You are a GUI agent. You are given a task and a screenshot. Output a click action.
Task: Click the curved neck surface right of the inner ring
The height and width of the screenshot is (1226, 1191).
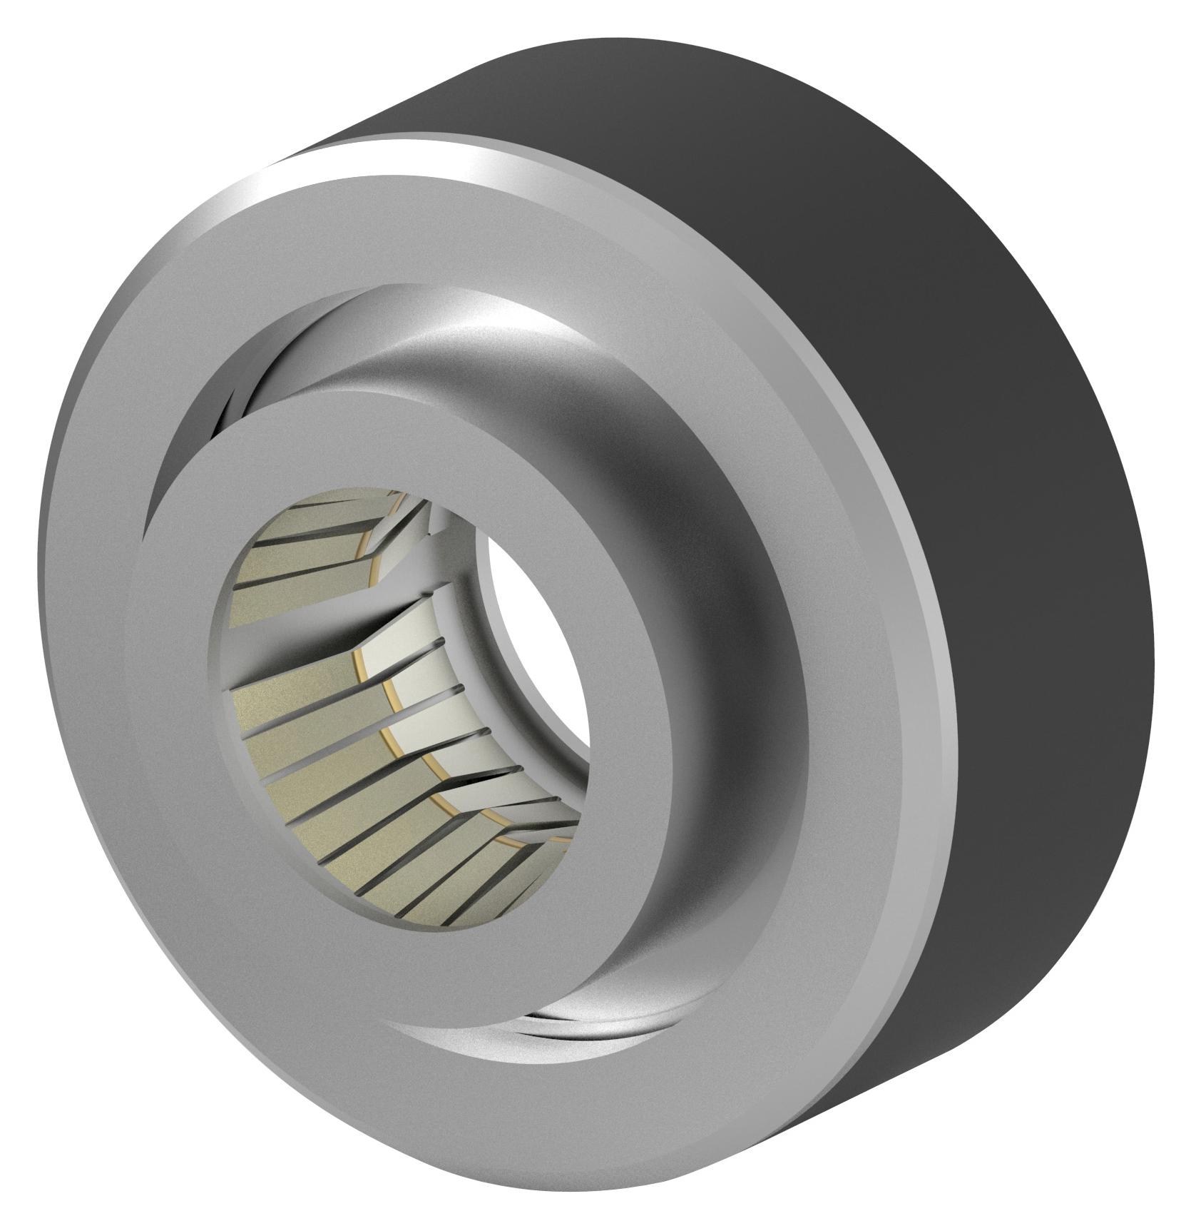713,642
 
